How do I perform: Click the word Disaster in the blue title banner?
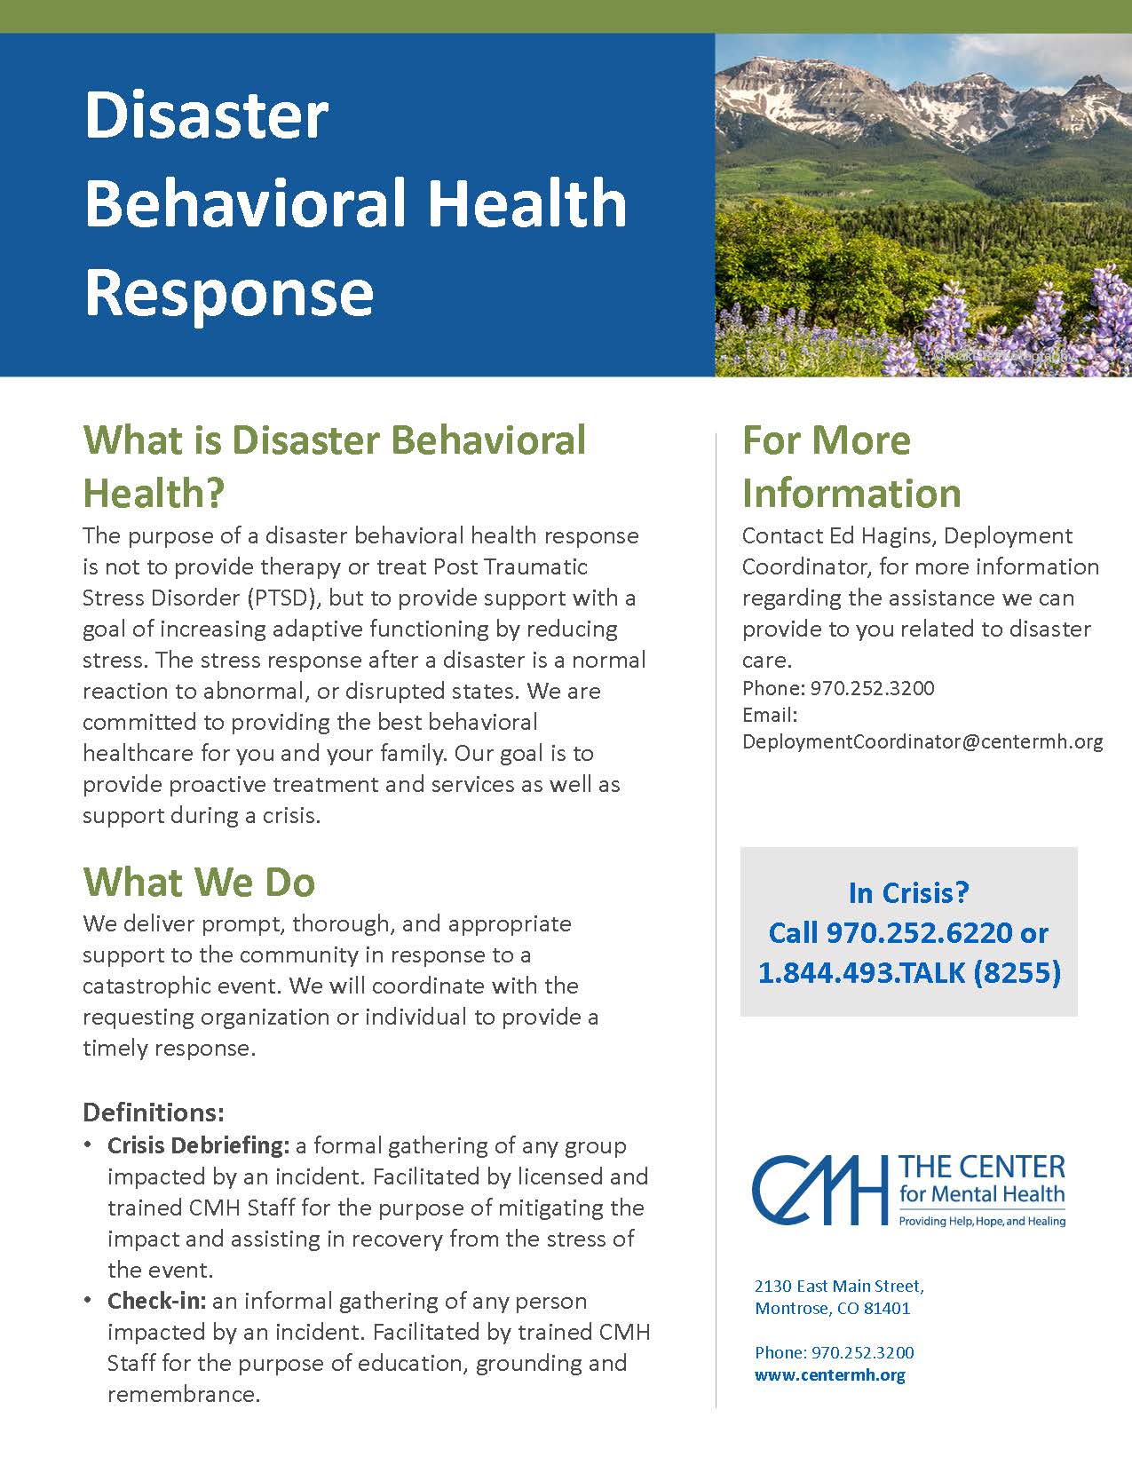click(206, 115)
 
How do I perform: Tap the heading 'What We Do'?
click(199, 882)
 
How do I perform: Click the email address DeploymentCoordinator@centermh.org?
click(922, 742)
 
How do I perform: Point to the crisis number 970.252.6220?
click(918, 932)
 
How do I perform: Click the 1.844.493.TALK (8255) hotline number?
click(908, 972)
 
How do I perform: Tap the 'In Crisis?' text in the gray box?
click(908, 891)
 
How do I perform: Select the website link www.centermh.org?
click(829, 1375)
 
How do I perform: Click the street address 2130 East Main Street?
click(839, 1286)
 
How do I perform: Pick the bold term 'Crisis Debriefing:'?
click(199, 1145)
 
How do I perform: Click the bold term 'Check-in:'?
click(157, 1301)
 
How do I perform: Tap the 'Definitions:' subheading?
click(154, 1112)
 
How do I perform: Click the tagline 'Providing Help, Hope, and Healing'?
click(982, 1222)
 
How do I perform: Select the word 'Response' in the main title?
click(229, 291)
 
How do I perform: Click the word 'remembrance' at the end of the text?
click(182, 1394)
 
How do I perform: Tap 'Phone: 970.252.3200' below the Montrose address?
click(834, 1352)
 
